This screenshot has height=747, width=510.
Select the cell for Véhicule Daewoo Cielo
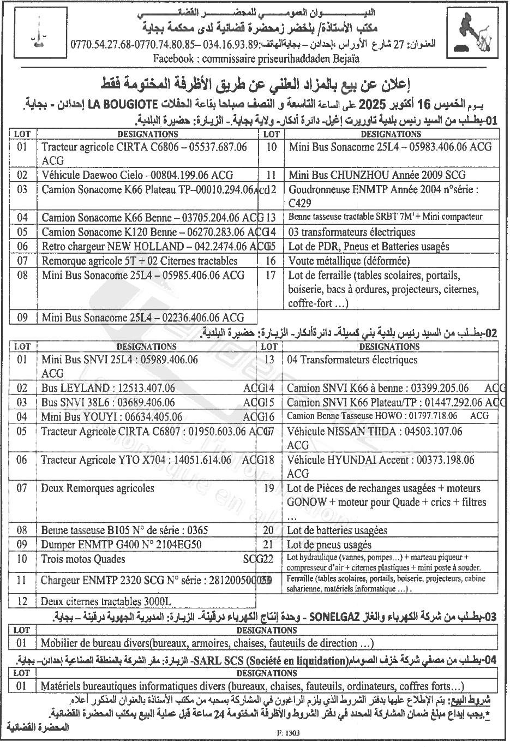137,175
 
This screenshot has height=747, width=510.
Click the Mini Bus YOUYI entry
112,417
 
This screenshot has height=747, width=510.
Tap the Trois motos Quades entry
83,559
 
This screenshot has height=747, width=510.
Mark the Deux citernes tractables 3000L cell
106,601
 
